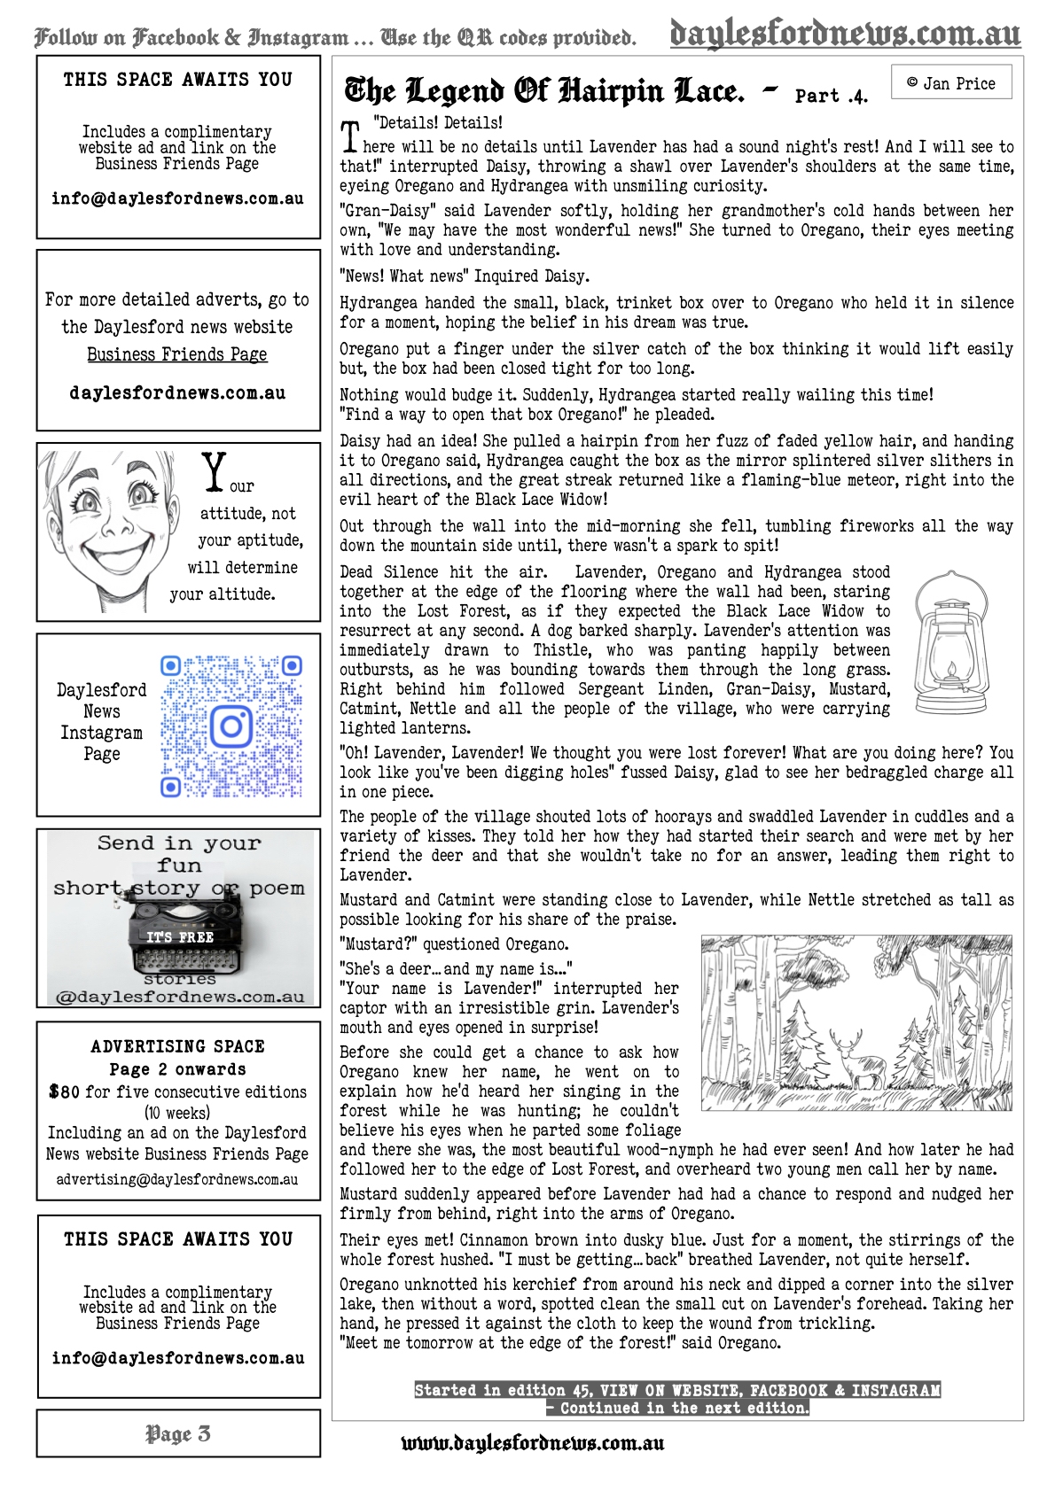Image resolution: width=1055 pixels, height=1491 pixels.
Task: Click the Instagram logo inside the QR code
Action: [x=231, y=726]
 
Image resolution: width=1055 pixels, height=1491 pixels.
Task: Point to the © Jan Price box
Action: [x=950, y=83]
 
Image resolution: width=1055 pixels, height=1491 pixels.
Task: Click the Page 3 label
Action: [x=178, y=1433]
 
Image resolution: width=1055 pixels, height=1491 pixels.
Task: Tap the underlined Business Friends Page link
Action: [x=177, y=354]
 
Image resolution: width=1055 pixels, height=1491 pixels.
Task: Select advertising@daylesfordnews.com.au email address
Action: [x=177, y=1179]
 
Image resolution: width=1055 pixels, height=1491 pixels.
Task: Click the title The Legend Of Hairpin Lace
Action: [x=543, y=91]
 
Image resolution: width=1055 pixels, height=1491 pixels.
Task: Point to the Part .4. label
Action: [x=831, y=96]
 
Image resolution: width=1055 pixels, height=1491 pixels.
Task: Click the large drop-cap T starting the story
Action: [x=351, y=136]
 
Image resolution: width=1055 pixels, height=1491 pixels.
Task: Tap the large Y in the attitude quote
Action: [x=214, y=471]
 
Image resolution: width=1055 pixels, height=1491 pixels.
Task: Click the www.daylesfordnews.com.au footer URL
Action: [x=533, y=1443]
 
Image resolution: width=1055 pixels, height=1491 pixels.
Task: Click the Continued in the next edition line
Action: [x=677, y=1408]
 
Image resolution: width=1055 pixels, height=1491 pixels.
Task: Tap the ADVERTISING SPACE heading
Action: [x=177, y=1046]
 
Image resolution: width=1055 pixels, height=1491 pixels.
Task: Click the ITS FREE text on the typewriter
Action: [x=180, y=936]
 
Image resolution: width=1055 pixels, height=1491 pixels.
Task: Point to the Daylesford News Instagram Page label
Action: [x=101, y=721]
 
